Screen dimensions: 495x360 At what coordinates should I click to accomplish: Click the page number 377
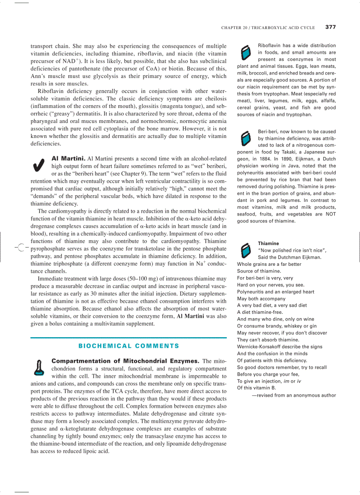[330, 27]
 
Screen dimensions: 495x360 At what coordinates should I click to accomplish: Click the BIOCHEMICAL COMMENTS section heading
[129, 346]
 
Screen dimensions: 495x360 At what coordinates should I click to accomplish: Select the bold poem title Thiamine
[268, 243]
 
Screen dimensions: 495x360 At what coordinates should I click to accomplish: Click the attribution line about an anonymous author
[293, 395]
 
